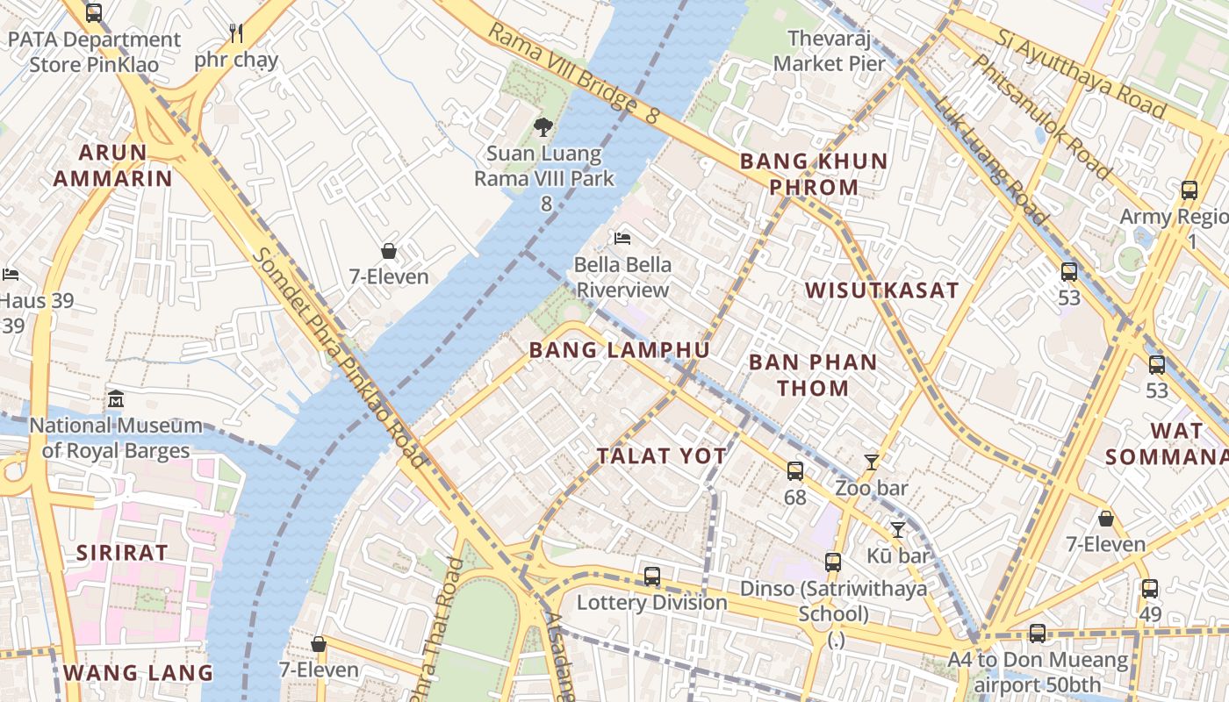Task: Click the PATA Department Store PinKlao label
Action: click(94, 53)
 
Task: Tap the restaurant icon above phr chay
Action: click(235, 33)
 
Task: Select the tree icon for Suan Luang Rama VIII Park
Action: click(543, 127)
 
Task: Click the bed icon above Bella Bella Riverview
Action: click(622, 238)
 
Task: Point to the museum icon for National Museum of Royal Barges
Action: click(115, 399)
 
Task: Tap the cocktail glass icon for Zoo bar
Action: click(871, 462)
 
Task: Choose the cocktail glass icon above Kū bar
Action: click(897, 529)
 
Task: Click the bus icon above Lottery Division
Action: click(651, 576)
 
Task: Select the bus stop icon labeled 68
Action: click(794, 471)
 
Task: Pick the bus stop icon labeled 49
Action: click(1149, 589)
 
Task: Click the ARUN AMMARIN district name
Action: click(112, 165)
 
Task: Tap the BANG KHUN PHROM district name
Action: click(813, 174)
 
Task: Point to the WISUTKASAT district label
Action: click(881, 290)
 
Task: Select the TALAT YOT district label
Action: click(661, 456)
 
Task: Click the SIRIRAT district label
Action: click(121, 553)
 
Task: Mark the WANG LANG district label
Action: click(138, 673)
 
